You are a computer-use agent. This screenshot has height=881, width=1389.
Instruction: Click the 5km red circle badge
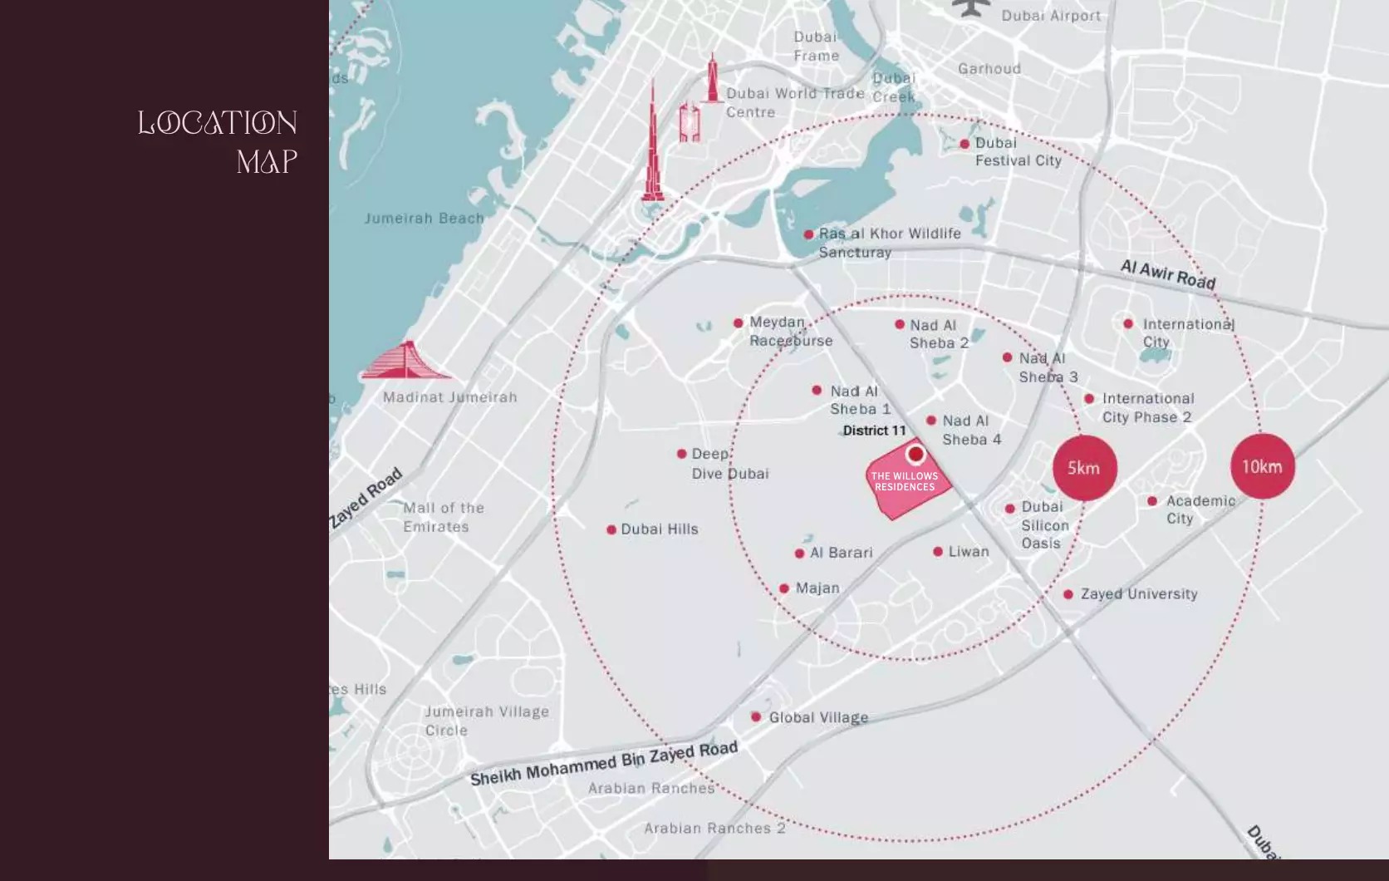(1084, 468)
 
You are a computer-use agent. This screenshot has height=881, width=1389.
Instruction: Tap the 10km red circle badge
(1262, 466)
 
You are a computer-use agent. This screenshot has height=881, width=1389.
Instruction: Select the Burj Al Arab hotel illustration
(405, 362)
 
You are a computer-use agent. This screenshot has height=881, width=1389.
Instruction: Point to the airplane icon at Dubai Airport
(971, 7)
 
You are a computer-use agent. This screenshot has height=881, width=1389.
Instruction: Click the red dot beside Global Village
(756, 716)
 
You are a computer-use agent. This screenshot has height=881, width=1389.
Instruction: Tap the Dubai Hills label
(659, 529)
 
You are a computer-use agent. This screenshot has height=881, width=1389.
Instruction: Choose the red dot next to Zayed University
(1068, 594)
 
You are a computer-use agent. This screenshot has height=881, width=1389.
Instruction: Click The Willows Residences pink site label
(904, 482)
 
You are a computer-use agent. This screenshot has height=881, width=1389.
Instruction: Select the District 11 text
(874, 431)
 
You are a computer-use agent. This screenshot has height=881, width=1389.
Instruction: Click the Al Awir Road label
(1167, 274)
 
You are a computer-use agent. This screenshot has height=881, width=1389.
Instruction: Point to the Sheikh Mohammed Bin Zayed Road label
(604, 763)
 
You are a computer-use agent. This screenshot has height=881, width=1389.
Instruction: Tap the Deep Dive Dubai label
(729, 464)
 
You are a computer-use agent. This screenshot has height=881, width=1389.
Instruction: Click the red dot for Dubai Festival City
(964, 144)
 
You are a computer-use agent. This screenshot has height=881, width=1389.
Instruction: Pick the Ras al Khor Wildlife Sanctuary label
(889, 243)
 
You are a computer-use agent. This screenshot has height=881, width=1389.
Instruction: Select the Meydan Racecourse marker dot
(738, 322)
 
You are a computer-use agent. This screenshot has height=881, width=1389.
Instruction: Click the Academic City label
(1199, 509)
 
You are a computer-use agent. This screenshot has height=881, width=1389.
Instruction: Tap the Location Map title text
(218, 141)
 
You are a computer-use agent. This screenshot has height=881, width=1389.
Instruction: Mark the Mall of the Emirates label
(443, 517)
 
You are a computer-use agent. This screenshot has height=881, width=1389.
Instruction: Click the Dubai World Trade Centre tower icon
(711, 79)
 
